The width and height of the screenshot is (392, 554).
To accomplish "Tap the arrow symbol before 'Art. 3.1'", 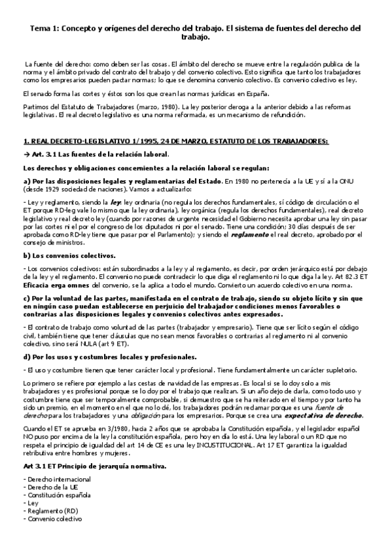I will click(26, 154).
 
